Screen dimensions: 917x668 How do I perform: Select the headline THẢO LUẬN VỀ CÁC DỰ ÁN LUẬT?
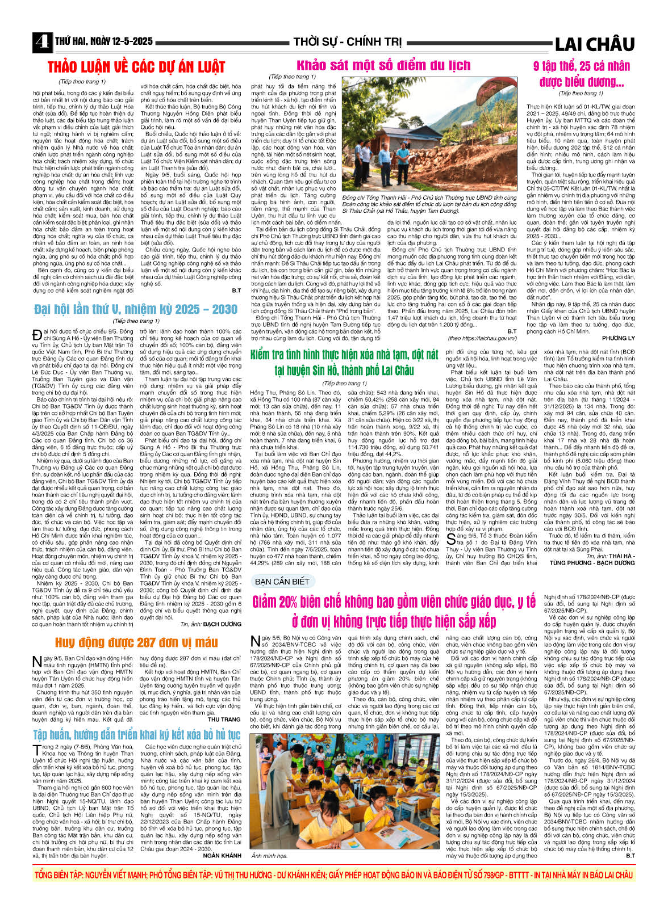(x=136, y=67)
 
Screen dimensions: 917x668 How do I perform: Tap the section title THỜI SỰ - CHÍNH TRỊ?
(x=347, y=42)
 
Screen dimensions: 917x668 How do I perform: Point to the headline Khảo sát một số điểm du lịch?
(x=383, y=65)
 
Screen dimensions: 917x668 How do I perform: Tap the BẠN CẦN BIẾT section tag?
(x=282, y=582)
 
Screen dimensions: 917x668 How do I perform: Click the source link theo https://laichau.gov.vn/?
(x=482, y=338)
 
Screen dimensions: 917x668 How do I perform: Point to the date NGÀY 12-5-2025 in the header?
(x=119, y=42)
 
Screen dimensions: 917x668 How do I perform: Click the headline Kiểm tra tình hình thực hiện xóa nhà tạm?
(x=344, y=363)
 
